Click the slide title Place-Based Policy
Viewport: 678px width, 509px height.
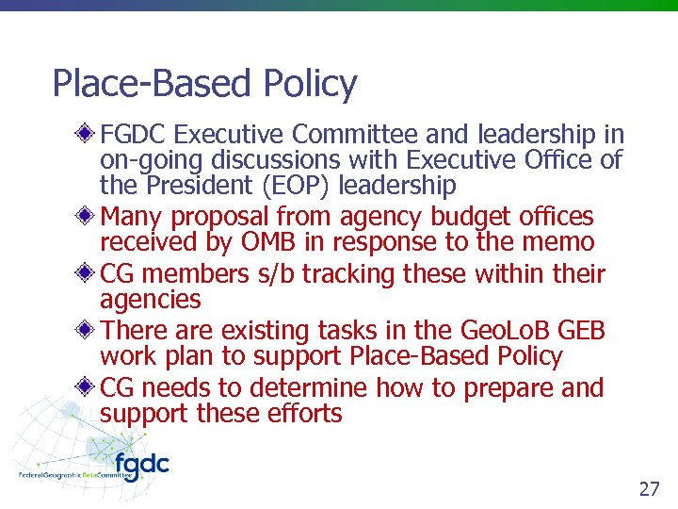[204, 84]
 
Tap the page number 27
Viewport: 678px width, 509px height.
[649, 489]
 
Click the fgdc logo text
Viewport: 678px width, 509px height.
[141, 465]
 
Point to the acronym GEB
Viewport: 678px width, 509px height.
[581, 331]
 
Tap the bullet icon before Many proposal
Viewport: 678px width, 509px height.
[86, 216]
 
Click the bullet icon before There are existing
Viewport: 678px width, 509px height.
[86, 330]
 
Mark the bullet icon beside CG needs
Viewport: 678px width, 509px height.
[86, 387]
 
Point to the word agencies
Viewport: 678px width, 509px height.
[150, 301]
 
